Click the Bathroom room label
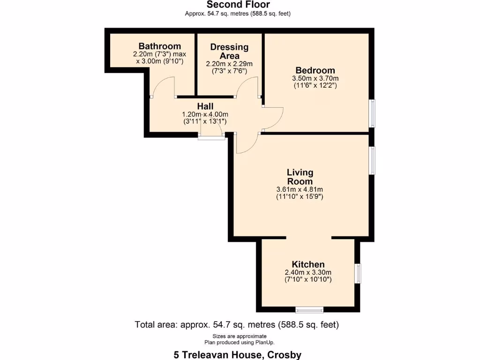tap(159, 46)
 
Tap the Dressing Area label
tap(229, 51)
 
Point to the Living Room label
tap(300, 177)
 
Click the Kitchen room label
tap(308, 264)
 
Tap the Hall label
tap(205, 106)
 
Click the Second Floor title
tap(238, 5)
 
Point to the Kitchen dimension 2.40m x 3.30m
tap(308, 272)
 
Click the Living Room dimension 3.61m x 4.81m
tap(300, 189)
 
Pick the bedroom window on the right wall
tap(372, 113)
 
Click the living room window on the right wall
tap(372, 161)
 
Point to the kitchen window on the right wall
tap(359, 273)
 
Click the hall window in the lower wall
tap(210, 137)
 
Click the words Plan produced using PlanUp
tap(240, 342)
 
